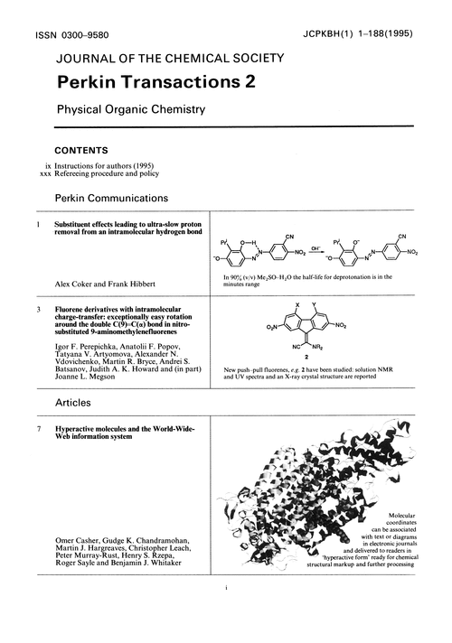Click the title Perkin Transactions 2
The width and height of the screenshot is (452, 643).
(156, 82)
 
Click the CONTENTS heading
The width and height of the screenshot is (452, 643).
(84, 150)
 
